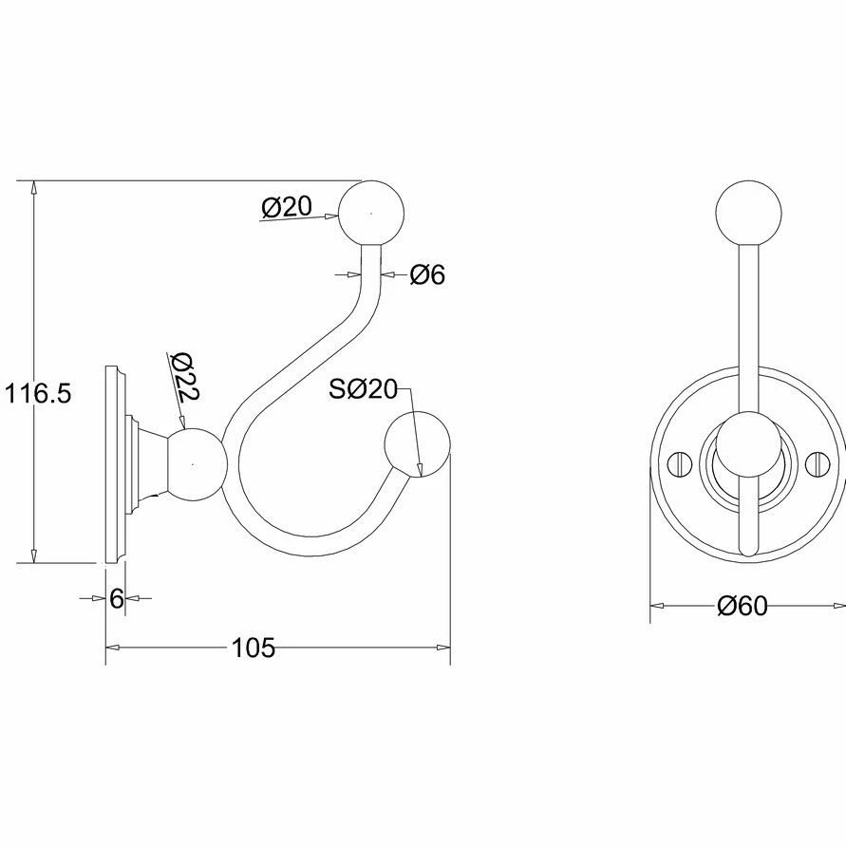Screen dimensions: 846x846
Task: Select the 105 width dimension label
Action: (x=253, y=648)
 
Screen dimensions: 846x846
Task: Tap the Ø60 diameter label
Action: (x=743, y=606)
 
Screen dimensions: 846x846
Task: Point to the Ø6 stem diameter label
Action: (x=427, y=275)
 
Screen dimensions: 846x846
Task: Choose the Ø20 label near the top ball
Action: (x=285, y=206)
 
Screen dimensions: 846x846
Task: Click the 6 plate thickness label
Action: (x=117, y=598)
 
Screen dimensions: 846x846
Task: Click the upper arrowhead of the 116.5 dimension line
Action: (x=34, y=187)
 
